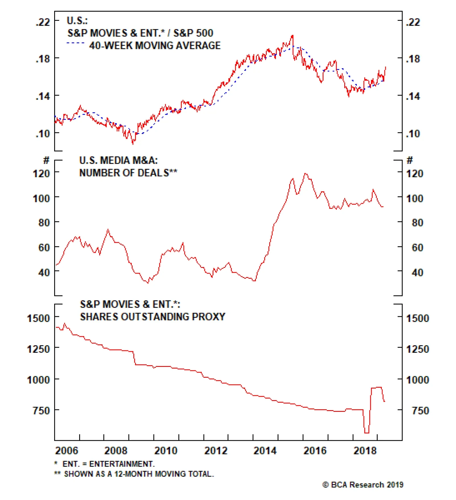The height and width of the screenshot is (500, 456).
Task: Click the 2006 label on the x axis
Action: (66, 451)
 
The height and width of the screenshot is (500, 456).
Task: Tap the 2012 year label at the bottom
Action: (216, 451)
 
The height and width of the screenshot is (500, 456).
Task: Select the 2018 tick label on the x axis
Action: (365, 451)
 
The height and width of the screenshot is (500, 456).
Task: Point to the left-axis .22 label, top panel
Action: (43, 22)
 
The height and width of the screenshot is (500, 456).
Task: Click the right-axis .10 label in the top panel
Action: (413, 133)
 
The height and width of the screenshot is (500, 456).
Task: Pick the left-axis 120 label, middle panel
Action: (41, 173)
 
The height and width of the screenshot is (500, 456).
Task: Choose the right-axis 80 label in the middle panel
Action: (417, 222)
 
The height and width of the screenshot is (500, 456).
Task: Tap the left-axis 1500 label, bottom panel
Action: (38, 318)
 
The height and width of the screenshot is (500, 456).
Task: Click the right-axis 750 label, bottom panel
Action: (420, 410)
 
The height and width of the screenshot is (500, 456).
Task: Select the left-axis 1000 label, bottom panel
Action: (38, 380)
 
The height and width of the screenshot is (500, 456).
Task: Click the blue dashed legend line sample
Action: (76, 43)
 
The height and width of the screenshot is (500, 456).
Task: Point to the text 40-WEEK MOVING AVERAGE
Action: (155, 46)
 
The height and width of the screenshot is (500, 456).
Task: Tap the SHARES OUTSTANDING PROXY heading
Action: (152, 317)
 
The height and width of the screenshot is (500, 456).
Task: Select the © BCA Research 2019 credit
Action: (363, 485)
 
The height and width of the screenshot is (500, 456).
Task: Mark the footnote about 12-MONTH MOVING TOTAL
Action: (139, 474)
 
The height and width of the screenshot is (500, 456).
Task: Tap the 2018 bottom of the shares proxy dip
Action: (367, 433)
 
